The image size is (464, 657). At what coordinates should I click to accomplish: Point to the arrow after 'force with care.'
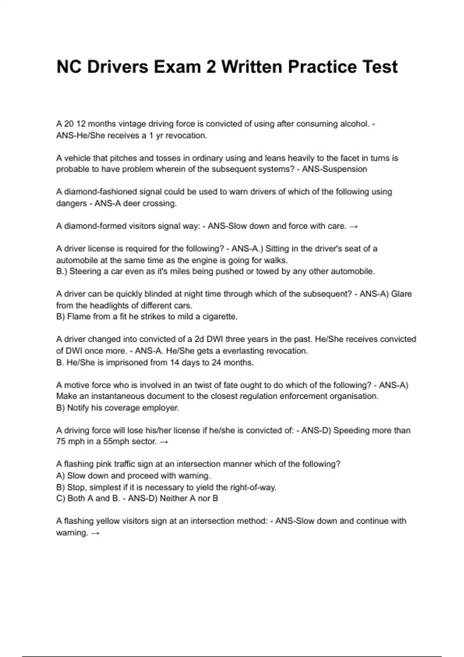(353, 226)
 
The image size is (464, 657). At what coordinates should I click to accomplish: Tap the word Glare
(401, 294)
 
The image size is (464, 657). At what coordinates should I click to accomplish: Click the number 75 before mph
(61, 442)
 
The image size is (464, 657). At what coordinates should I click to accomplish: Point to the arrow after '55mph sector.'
(164, 442)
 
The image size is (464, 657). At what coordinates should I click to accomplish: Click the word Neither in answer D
(173, 499)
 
